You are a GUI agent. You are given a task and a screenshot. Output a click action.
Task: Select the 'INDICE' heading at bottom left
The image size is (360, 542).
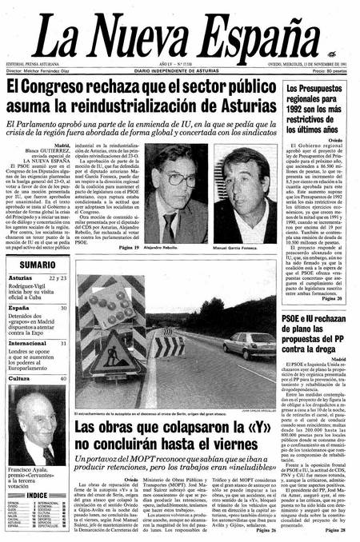(36, 496)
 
